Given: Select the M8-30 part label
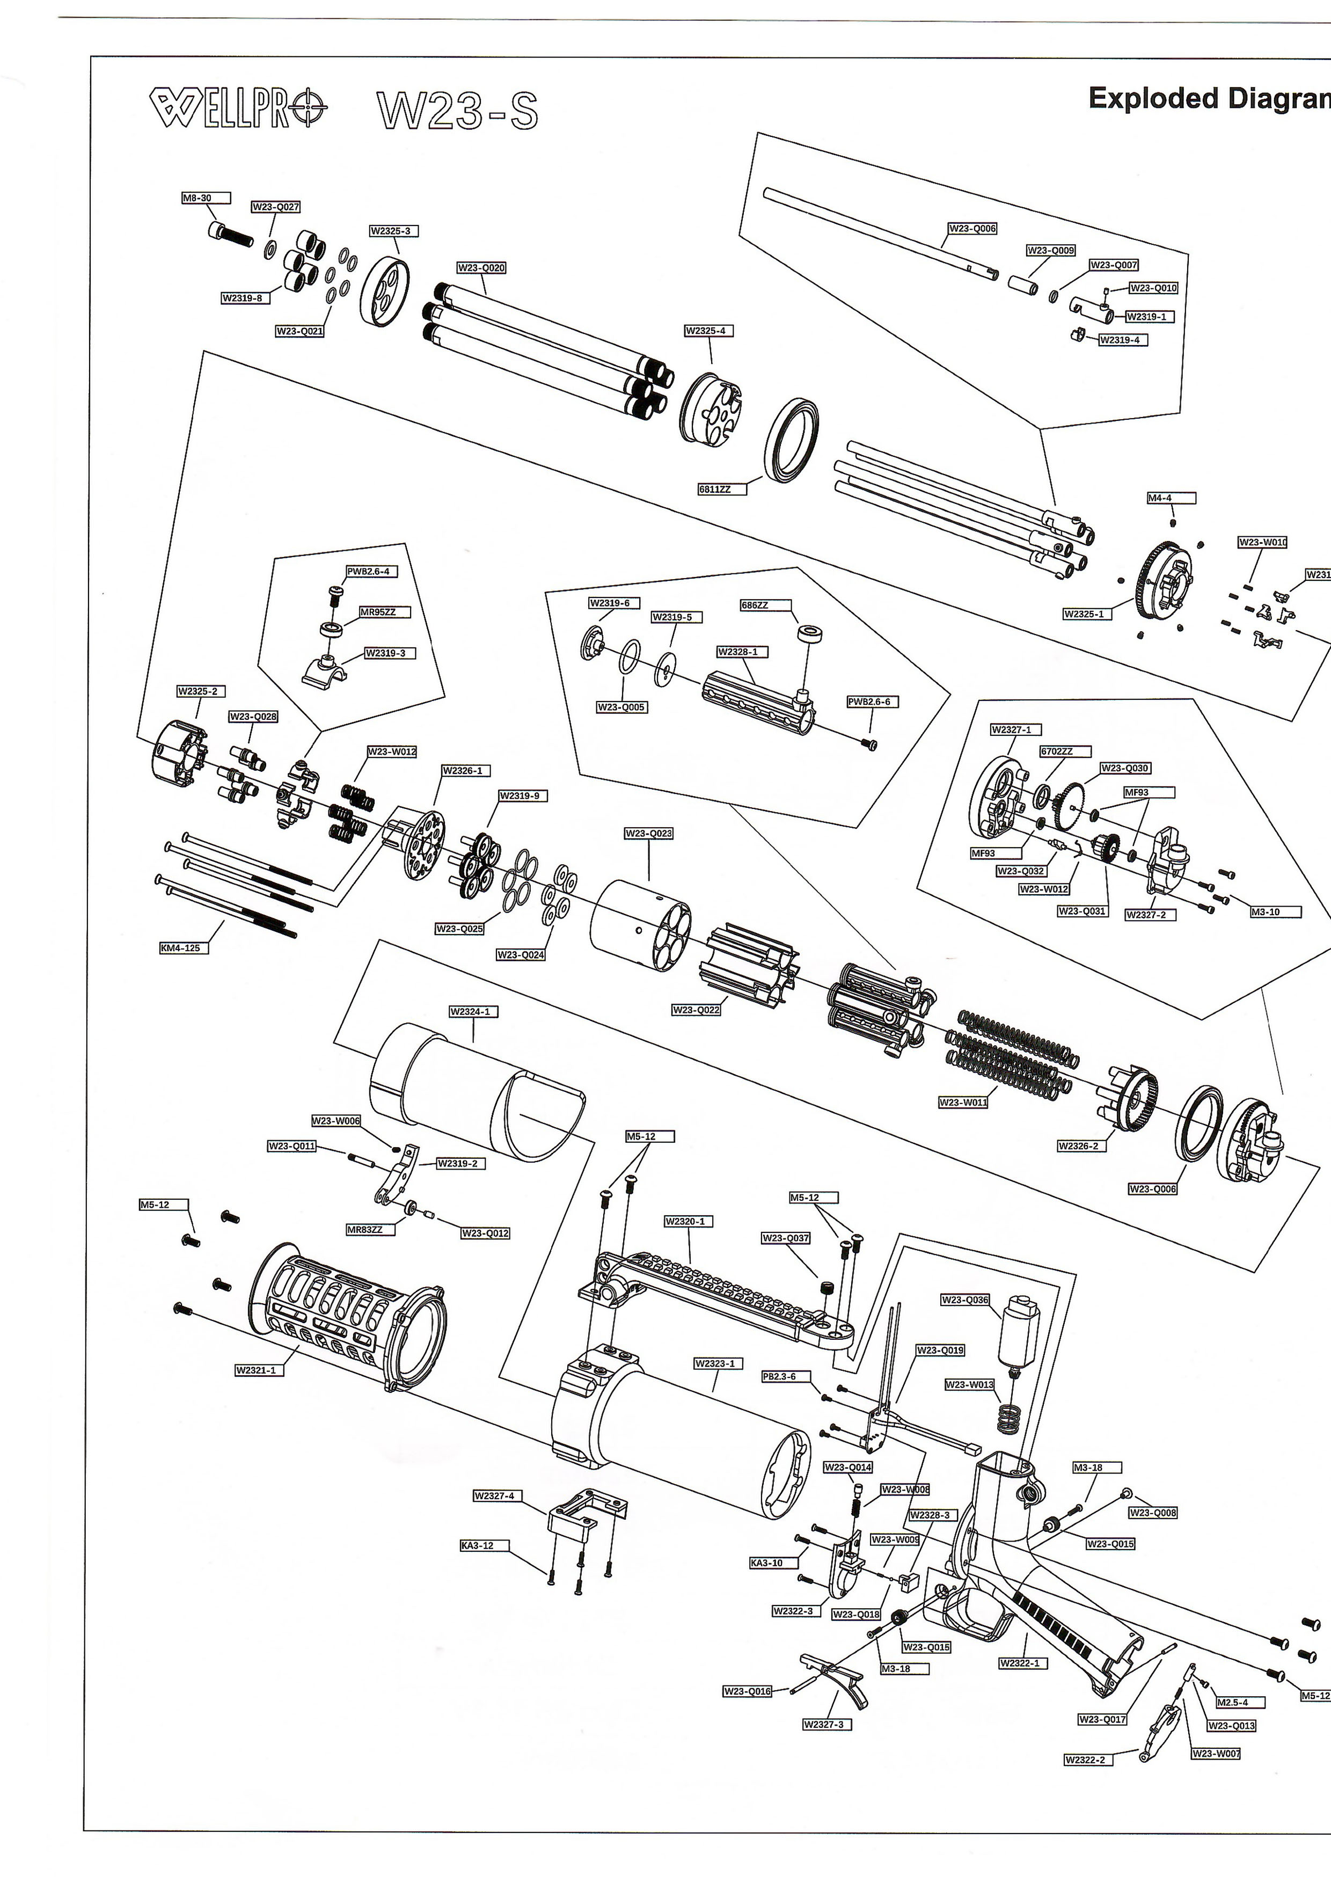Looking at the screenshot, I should click(205, 198).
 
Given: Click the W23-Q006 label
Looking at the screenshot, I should click(972, 228).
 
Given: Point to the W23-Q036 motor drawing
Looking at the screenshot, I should click(1017, 1332).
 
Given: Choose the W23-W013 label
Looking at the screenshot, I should click(969, 1384).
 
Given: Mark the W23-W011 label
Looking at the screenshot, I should click(963, 1102).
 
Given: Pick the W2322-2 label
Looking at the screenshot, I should click(1087, 1760).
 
